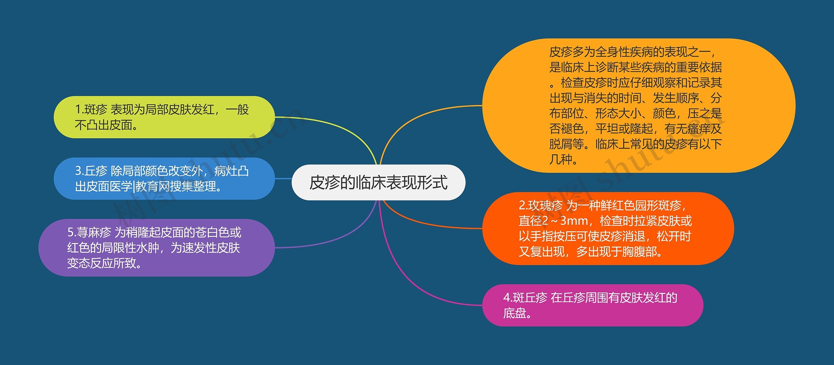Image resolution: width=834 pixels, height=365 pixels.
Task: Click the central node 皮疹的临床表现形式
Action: (x=378, y=182)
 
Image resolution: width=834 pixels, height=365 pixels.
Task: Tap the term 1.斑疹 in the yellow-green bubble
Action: (x=91, y=110)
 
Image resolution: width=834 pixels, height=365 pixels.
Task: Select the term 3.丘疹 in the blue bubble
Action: (x=91, y=171)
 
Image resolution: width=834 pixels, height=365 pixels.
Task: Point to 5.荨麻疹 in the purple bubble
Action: (x=89, y=233)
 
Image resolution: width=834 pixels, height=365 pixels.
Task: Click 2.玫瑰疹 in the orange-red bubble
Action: (x=540, y=205)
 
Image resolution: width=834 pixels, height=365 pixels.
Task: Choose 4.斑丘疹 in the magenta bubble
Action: (x=525, y=298)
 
